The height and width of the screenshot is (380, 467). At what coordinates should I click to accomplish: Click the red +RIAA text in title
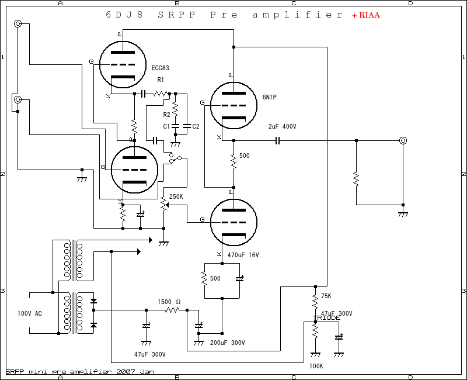(x=365, y=16)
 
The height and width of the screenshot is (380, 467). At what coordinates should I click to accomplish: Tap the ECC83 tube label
(x=160, y=68)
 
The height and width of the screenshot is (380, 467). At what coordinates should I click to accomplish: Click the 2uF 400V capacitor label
(x=282, y=126)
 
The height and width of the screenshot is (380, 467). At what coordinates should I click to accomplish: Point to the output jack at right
(x=403, y=140)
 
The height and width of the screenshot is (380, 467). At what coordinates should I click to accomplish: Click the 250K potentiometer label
(x=176, y=196)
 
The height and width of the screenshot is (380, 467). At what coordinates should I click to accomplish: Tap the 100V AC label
(x=30, y=314)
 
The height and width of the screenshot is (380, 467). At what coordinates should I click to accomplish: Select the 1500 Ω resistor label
(x=169, y=302)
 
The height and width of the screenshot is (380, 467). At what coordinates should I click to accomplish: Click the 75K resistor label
(x=326, y=296)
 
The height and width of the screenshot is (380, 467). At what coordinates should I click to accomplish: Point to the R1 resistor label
(x=161, y=80)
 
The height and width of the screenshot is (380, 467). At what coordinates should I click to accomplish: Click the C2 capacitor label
(x=196, y=126)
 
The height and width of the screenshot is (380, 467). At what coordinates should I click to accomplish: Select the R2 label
(x=166, y=115)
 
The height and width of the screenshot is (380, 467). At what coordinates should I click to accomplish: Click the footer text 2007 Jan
(x=135, y=371)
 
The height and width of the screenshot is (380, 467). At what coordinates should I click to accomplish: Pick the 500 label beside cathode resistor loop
(x=215, y=278)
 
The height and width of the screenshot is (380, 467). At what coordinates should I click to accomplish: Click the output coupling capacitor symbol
(x=278, y=140)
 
